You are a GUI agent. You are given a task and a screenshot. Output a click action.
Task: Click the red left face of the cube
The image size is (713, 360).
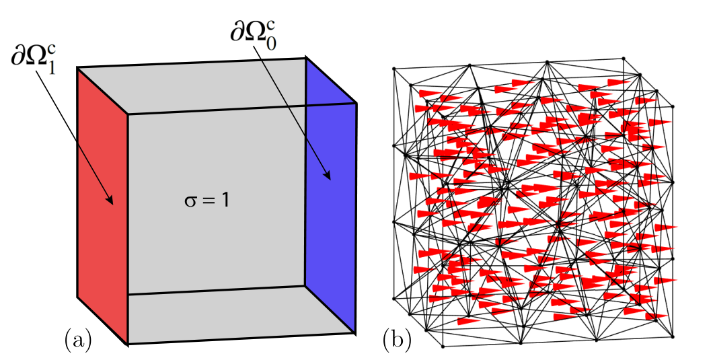click(x=102, y=205)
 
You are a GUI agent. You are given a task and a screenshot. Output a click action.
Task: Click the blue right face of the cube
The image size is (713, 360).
click(x=330, y=196)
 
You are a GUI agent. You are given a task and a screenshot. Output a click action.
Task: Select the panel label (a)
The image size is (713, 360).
click(x=78, y=340)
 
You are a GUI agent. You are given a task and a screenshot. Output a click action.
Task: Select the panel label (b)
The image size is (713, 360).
click(x=397, y=340)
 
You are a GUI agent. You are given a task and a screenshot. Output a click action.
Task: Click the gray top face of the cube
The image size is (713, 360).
click(x=217, y=85)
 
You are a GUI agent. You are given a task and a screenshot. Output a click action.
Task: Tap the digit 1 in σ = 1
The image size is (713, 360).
click(x=225, y=201)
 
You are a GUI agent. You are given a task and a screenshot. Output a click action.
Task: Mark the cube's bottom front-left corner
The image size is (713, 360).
click(x=128, y=344)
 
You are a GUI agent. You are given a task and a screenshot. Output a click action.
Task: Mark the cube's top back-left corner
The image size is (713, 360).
click(x=77, y=68)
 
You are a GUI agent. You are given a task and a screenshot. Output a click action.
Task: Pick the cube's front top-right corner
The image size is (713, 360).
click(x=356, y=104)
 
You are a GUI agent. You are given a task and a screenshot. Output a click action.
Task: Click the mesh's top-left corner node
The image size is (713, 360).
click(x=393, y=69)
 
